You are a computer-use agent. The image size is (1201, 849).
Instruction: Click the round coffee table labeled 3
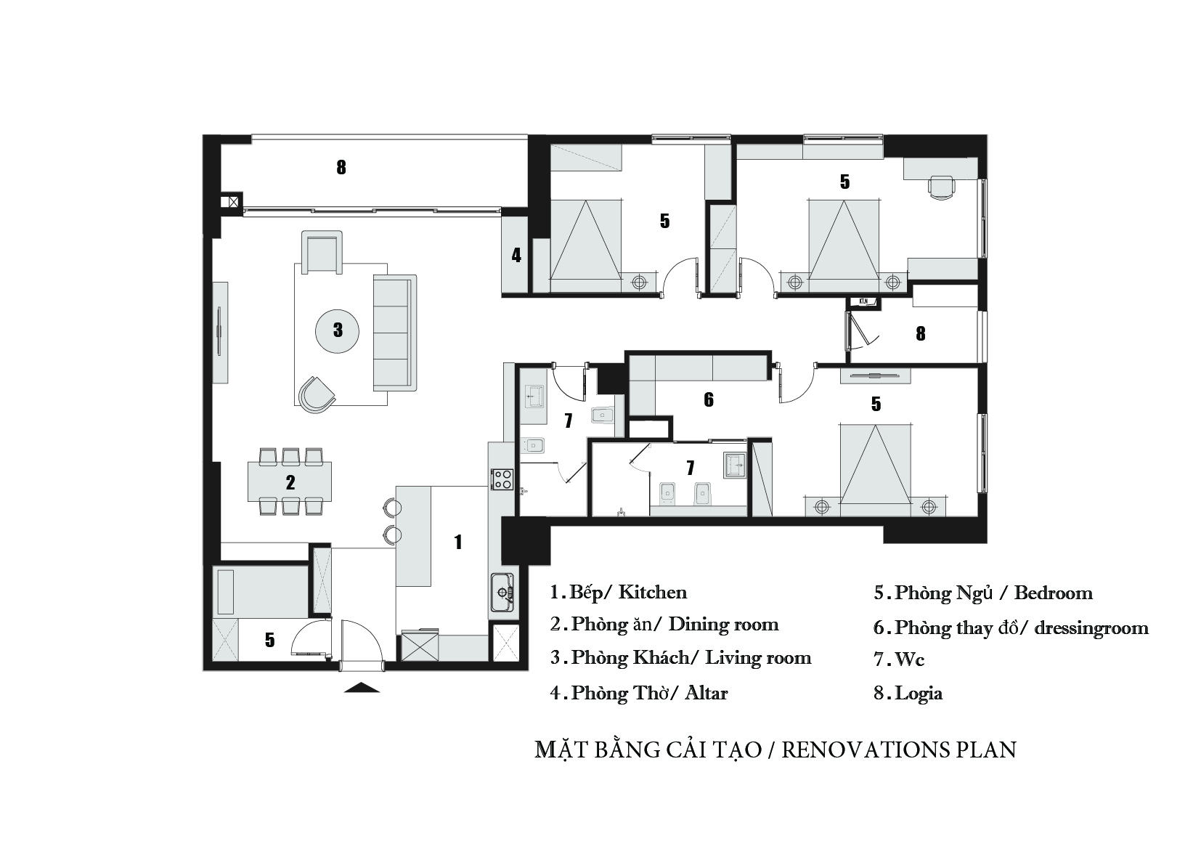click(x=337, y=331)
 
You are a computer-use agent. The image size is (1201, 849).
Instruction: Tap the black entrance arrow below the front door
click(x=362, y=687)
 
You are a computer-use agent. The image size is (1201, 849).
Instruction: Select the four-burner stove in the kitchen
click(x=503, y=479)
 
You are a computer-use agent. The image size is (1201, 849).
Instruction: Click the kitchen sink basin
click(x=502, y=592)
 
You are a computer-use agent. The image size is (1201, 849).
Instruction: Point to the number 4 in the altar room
click(x=516, y=256)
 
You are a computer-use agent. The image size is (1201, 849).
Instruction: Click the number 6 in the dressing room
click(x=709, y=399)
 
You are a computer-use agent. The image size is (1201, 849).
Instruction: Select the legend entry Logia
click(x=908, y=694)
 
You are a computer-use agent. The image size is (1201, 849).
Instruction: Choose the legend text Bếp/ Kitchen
click(x=618, y=592)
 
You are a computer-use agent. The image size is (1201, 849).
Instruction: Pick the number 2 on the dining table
click(x=290, y=482)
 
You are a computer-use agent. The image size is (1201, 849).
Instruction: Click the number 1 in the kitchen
click(x=458, y=543)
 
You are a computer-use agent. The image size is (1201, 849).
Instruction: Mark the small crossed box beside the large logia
click(x=233, y=202)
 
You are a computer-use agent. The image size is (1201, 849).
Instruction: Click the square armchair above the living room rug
click(x=322, y=252)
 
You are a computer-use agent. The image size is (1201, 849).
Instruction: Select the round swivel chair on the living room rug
click(x=317, y=395)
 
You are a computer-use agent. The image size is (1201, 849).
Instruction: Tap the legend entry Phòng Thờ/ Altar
click(x=638, y=693)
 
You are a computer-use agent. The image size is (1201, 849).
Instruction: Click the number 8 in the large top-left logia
click(x=341, y=167)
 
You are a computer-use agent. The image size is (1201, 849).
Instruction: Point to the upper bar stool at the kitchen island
click(x=392, y=505)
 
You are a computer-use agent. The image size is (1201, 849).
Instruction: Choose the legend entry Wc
click(x=899, y=659)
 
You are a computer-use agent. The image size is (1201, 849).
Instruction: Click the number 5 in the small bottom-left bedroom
click(x=269, y=639)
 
